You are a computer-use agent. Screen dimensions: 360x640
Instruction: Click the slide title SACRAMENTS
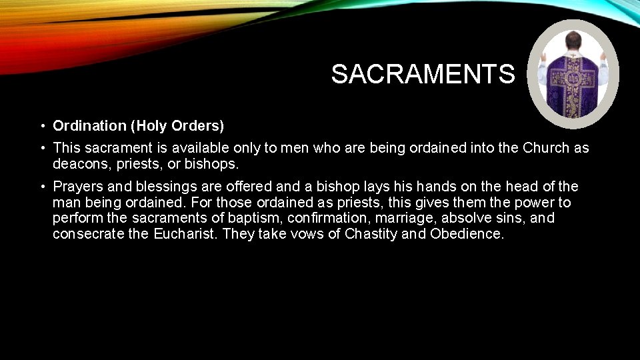tap(423, 74)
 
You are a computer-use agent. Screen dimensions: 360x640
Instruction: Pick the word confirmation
tap(316, 219)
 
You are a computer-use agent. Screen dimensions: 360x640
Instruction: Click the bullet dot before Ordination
tap(41, 126)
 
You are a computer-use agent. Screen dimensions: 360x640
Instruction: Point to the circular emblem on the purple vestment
tap(573, 78)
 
